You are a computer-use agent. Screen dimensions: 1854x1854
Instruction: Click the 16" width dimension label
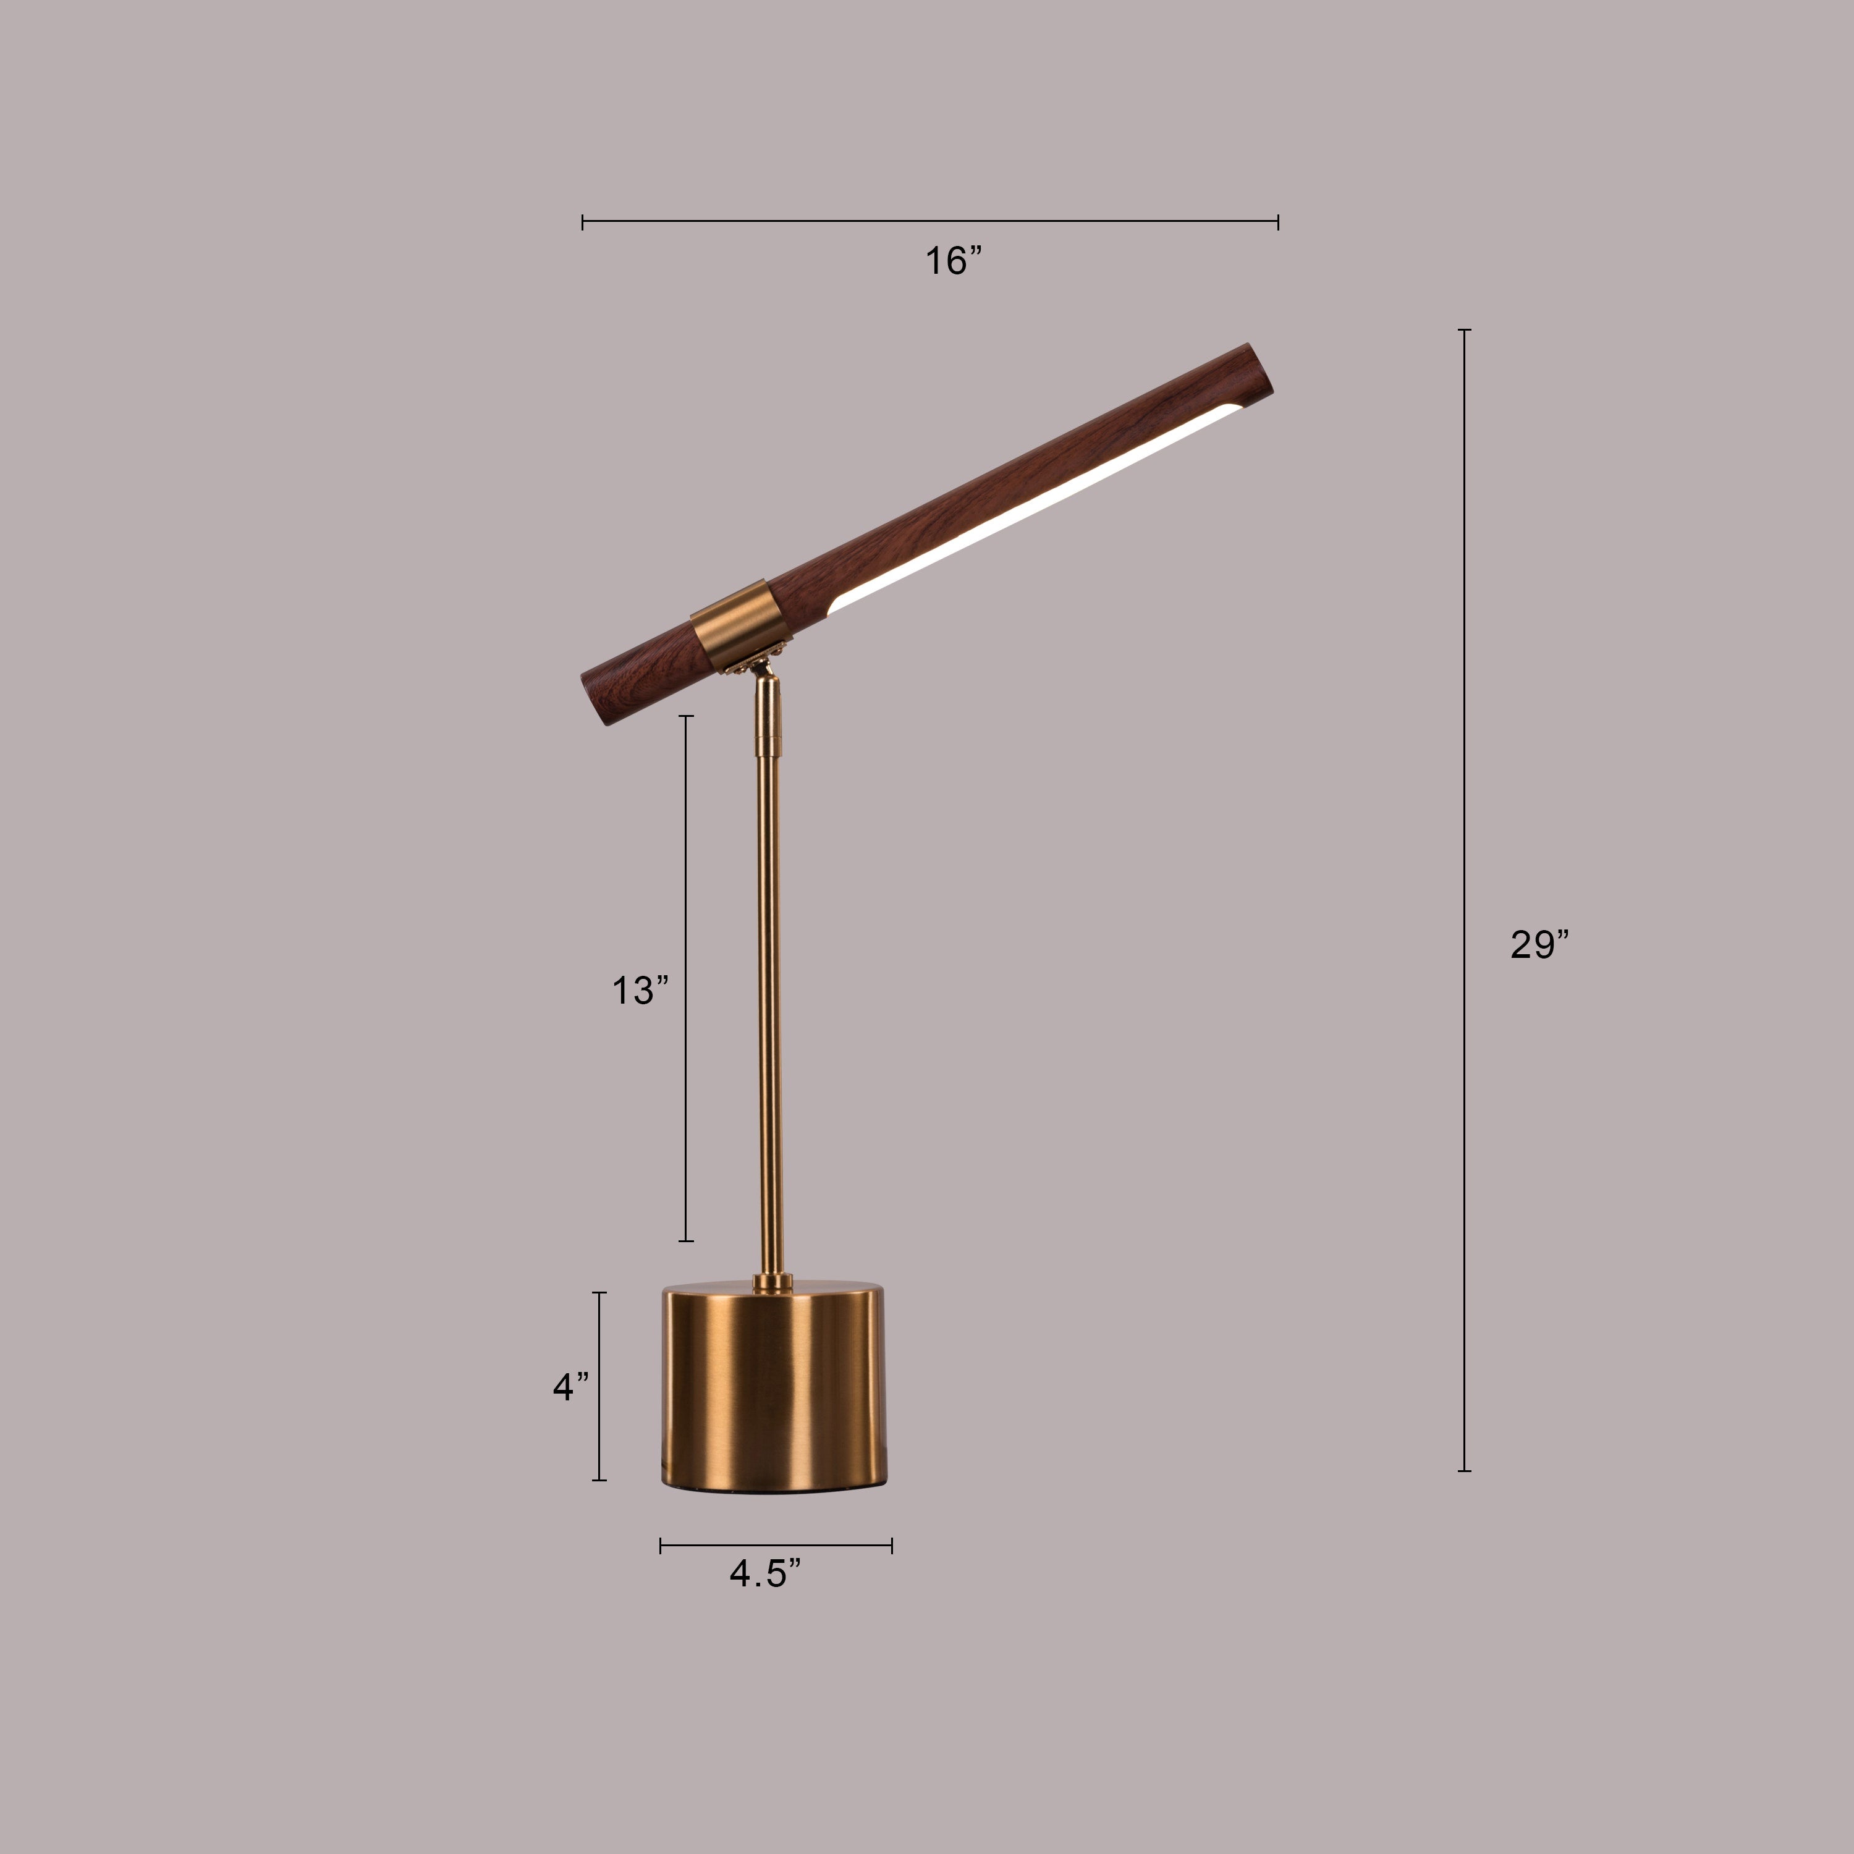tap(953, 261)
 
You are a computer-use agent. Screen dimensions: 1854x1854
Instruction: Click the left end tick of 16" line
tap(583, 222)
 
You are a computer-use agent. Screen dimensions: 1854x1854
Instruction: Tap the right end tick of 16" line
tap(1277, 222)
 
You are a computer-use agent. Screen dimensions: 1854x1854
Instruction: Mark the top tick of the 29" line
tap(1465, 330)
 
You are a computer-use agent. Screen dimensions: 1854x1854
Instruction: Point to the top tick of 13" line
tap(686, 716)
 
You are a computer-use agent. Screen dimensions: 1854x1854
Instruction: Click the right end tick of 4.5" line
tap(892, 1545)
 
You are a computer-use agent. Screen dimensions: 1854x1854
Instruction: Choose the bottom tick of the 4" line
tap(599, 1479)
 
